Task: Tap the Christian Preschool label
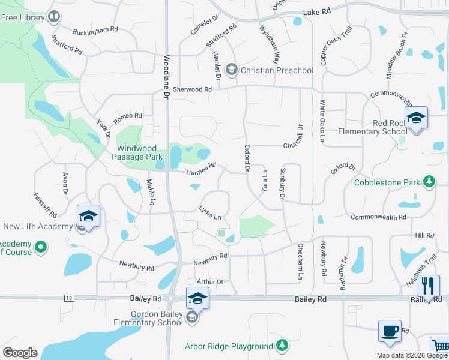click(277, 71)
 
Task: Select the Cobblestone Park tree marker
click(429, 181)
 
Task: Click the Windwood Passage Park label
click(136, 152)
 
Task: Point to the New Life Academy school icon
click(88, 215)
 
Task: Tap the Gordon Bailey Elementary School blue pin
click(197, 298)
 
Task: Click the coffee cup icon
click(390, 331)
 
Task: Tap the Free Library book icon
click(55, 17)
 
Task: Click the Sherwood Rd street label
click(193, 89)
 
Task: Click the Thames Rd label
click(200, 170)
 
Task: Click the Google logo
click(20, 352)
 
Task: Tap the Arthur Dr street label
click(209, 281)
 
